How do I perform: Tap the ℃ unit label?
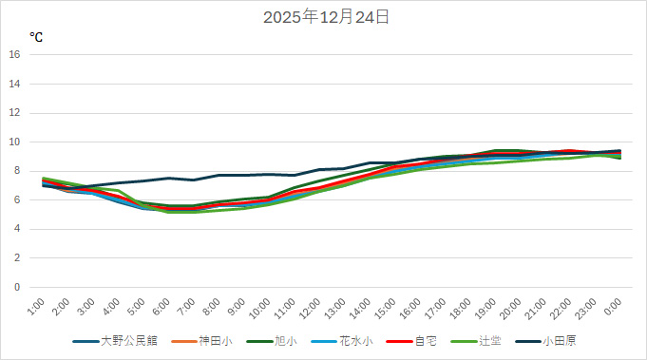(x=36, y=37)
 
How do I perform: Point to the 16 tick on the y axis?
(x=14, y=54)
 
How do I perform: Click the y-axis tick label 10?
(x=14, y=142)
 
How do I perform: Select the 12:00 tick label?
(x=309, y=308)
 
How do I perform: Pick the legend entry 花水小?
(x=352, y=340)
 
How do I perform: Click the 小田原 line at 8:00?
(x=219, y=175)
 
